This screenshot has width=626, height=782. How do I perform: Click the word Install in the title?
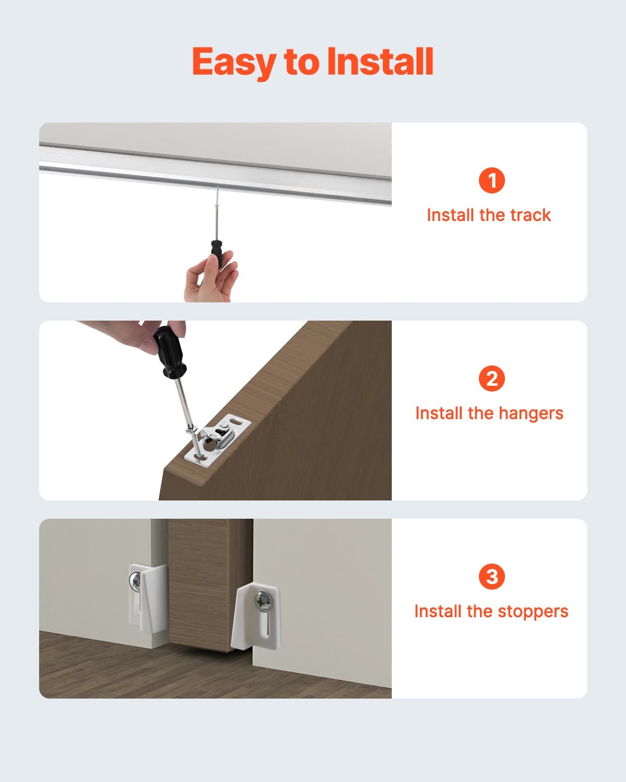click(380, 62)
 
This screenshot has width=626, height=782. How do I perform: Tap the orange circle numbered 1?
click(491, 180)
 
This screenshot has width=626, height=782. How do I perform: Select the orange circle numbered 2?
click(491, 378)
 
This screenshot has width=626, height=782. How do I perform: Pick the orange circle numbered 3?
click(491, 577)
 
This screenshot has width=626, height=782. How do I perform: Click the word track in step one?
click(530, 215)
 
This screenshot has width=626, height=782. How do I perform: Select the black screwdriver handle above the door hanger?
click(169, 352)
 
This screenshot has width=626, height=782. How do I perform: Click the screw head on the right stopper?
click(264, 603)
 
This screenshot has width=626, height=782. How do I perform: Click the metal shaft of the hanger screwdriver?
click(183, 401)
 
